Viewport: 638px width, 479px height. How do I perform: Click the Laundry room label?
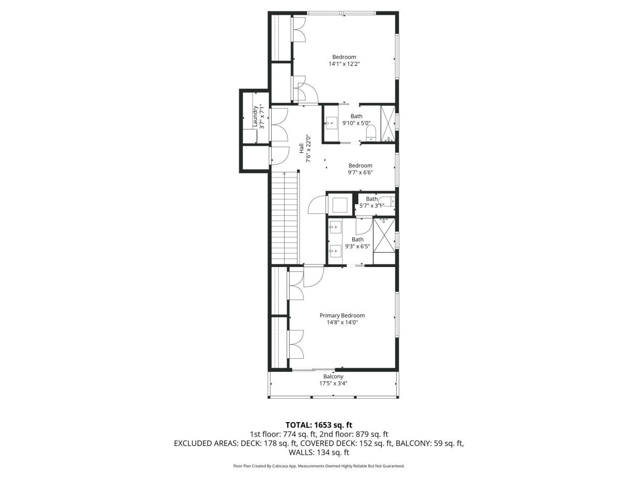[255, 112]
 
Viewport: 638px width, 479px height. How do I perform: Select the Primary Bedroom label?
[342, 315]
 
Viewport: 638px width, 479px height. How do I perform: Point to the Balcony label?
[333, 377]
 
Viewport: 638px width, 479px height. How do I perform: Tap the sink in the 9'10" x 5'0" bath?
[331, 123]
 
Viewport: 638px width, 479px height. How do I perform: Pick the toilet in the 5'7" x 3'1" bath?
[389, 202]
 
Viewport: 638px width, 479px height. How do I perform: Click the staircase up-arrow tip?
[285, 173]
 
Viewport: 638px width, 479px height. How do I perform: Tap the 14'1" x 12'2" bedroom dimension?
[344, 64]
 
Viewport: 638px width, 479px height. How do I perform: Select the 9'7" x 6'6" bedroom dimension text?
[360, 173]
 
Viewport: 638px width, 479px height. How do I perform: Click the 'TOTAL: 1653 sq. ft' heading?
[319, 425]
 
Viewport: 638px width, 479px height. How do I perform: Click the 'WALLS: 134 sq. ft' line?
[319, 453]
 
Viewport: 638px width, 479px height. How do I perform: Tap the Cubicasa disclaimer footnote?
[319, 466]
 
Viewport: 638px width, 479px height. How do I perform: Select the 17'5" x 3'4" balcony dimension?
[333, 384]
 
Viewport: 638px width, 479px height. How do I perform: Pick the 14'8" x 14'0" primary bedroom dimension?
[342, 322]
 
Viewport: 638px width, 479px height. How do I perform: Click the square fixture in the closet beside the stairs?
[340, 205]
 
